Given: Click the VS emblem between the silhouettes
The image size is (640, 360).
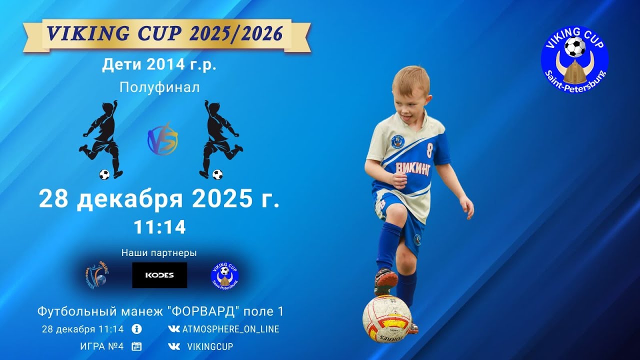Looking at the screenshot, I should pyautogui.click(x=162, y=140).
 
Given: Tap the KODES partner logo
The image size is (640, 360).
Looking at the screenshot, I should pyautogui.click(x=159, y=275).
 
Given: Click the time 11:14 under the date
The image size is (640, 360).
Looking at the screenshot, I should pyautogui.click(x=159, y=227).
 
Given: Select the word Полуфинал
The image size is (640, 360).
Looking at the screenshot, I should pyautogui.click(x=159, y=87).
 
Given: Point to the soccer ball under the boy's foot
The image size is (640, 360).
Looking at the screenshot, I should pyautogui.click(x=386, y=318).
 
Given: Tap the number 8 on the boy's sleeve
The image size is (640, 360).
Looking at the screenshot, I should pyautogui.click(x=429, y=150).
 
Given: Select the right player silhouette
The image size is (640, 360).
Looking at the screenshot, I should pyautogui.click(x=218, y=140).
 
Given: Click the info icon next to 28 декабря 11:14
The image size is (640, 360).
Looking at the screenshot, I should pyautogui.click(x=136, y=329).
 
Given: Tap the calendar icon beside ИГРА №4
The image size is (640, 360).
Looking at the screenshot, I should pyautogui.click(x=136, y=346).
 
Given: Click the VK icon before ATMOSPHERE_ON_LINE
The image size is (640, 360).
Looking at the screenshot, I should pyautogui.click(x=174, y=329).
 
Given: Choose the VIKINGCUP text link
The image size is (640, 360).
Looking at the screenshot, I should pyautogui.click(x=209, y=346).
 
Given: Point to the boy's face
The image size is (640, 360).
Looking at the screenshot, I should pyautogui.click(x=410, y=97).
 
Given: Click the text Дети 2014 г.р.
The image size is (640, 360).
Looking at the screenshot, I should pyautogui.click(x=159, y=65).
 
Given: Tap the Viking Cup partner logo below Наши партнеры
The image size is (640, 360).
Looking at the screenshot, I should pyautogui.click(x=225, y=275).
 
